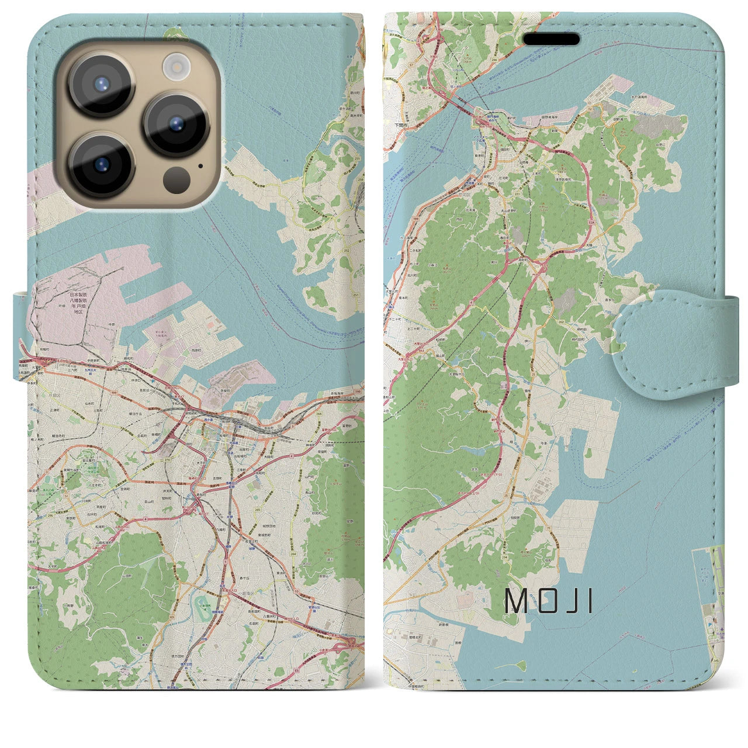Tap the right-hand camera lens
(x=176, y=124)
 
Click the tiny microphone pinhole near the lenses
(x=201, y=165)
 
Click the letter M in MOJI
(x=515, y=600)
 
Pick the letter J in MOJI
(x=569, y=600)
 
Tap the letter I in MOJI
(x=590, y=600)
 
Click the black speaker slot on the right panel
(x=551, y=39)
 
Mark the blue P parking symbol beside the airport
(x=710, y=624)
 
